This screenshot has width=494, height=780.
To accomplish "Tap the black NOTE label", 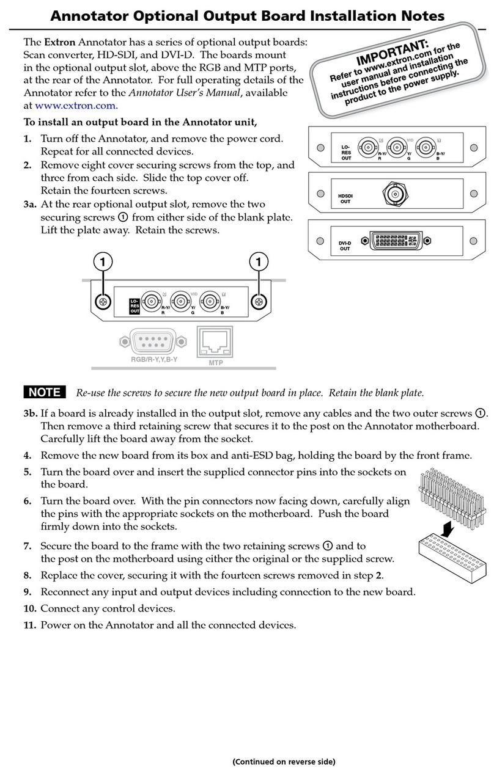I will [45, 392].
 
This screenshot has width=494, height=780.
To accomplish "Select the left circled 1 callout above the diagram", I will [103, 261].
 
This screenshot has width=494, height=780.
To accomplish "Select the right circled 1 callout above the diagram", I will [259, 261].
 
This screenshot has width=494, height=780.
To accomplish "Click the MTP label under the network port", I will [212, 362].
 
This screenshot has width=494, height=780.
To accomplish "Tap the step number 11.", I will [30, 625].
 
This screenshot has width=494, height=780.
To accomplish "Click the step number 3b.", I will [31, 413].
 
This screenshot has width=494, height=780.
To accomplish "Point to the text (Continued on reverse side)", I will [283, 761].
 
